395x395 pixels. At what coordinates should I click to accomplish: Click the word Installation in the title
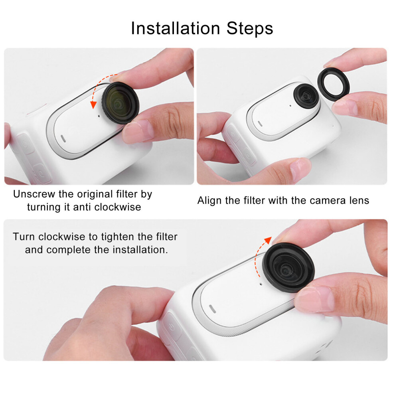176,28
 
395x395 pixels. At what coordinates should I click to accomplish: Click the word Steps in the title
250,28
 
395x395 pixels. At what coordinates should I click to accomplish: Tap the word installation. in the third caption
140,250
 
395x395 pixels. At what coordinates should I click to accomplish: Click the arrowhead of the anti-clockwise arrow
93,105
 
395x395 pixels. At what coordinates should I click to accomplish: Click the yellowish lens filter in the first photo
120,103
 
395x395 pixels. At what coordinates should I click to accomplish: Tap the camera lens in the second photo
306,96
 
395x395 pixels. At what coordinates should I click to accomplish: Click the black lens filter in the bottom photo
288,268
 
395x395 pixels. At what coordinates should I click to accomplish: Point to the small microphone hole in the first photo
99,116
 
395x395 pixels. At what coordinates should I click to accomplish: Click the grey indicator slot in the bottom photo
213,309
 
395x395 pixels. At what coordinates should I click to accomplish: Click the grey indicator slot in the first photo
63,138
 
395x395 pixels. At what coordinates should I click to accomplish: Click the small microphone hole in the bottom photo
261,284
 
